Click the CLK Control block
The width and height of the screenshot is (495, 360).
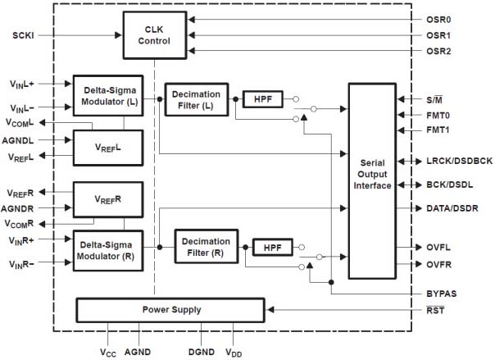(x=154, y=35)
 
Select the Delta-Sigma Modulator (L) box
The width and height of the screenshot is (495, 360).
(x=108, y=96)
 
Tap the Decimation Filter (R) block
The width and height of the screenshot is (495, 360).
(x=207, y=247)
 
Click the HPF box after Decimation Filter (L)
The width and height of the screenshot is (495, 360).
(x=262, y=99)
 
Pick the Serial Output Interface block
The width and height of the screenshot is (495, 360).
(x=372, y=181)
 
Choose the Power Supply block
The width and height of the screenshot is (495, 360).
(x=170, y=310)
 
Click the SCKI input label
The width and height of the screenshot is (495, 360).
(x=23, y=35)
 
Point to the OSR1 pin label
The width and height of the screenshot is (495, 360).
(x=438, y=35)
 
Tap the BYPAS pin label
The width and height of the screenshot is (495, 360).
(x=442, y=294)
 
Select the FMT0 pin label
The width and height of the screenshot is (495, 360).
(x=438, y=116)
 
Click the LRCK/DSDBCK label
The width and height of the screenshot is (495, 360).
(x=459, y=161)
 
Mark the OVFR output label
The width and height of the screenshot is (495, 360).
(x=438, y=265)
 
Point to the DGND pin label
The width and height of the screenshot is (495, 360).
(x=202, y=352)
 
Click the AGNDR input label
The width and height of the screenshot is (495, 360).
(x=17, y=209)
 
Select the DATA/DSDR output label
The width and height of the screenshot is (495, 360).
(x=452, y=208)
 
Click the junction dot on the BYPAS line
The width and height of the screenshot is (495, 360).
(x=331, y=282)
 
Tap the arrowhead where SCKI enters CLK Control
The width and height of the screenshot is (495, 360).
(x=118, y=35)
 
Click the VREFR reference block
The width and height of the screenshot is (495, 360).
(x=108, y=199)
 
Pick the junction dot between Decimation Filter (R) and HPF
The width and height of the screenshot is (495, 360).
(x=245, y=247)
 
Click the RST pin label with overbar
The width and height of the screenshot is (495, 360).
(x=435, y=310)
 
